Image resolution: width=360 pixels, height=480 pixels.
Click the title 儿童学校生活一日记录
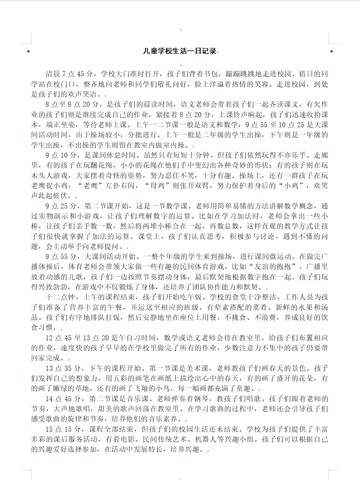click(x=180, y=51)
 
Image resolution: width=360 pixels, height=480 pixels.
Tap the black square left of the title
click(x=29, y=52)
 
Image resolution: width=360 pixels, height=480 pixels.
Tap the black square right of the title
click(x=331, y=52)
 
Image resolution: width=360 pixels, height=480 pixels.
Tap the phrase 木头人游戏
click(x=49, y=176)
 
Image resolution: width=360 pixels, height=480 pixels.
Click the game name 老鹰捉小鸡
click(x=49, y=186)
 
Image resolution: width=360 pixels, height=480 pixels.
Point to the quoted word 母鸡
click(x=157, y=186)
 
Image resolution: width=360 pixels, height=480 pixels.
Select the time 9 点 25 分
click(x=61, y=206)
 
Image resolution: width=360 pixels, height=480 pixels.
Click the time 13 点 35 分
click(x=63, y=368)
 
